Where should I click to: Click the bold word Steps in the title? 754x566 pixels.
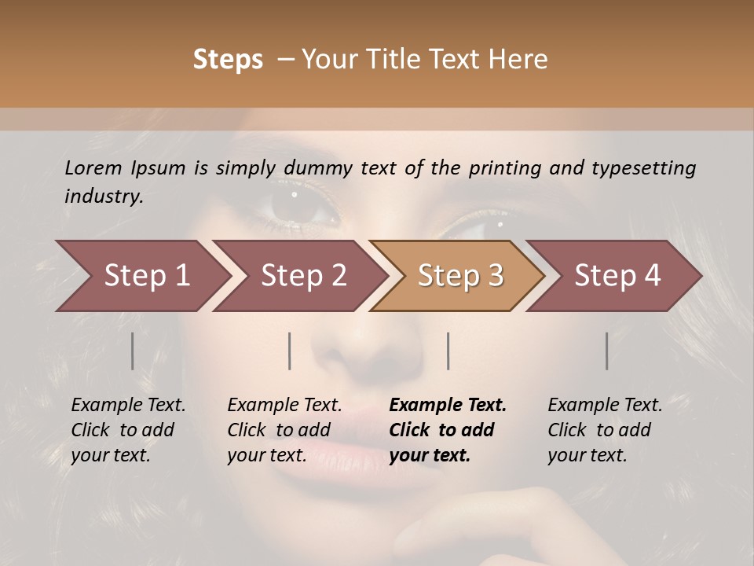(228, 60)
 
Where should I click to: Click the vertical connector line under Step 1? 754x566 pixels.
(133, 351)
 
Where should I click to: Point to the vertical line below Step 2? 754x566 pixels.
(290, 351)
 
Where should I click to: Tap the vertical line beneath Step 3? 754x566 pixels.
(448, 351)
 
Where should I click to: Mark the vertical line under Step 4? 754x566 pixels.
(606, 351)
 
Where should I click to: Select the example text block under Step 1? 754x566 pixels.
(128, 430)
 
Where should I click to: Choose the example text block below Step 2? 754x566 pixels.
(284, 430)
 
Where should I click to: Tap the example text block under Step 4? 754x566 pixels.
(605, 430)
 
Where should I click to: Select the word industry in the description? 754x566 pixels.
(104, 196)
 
